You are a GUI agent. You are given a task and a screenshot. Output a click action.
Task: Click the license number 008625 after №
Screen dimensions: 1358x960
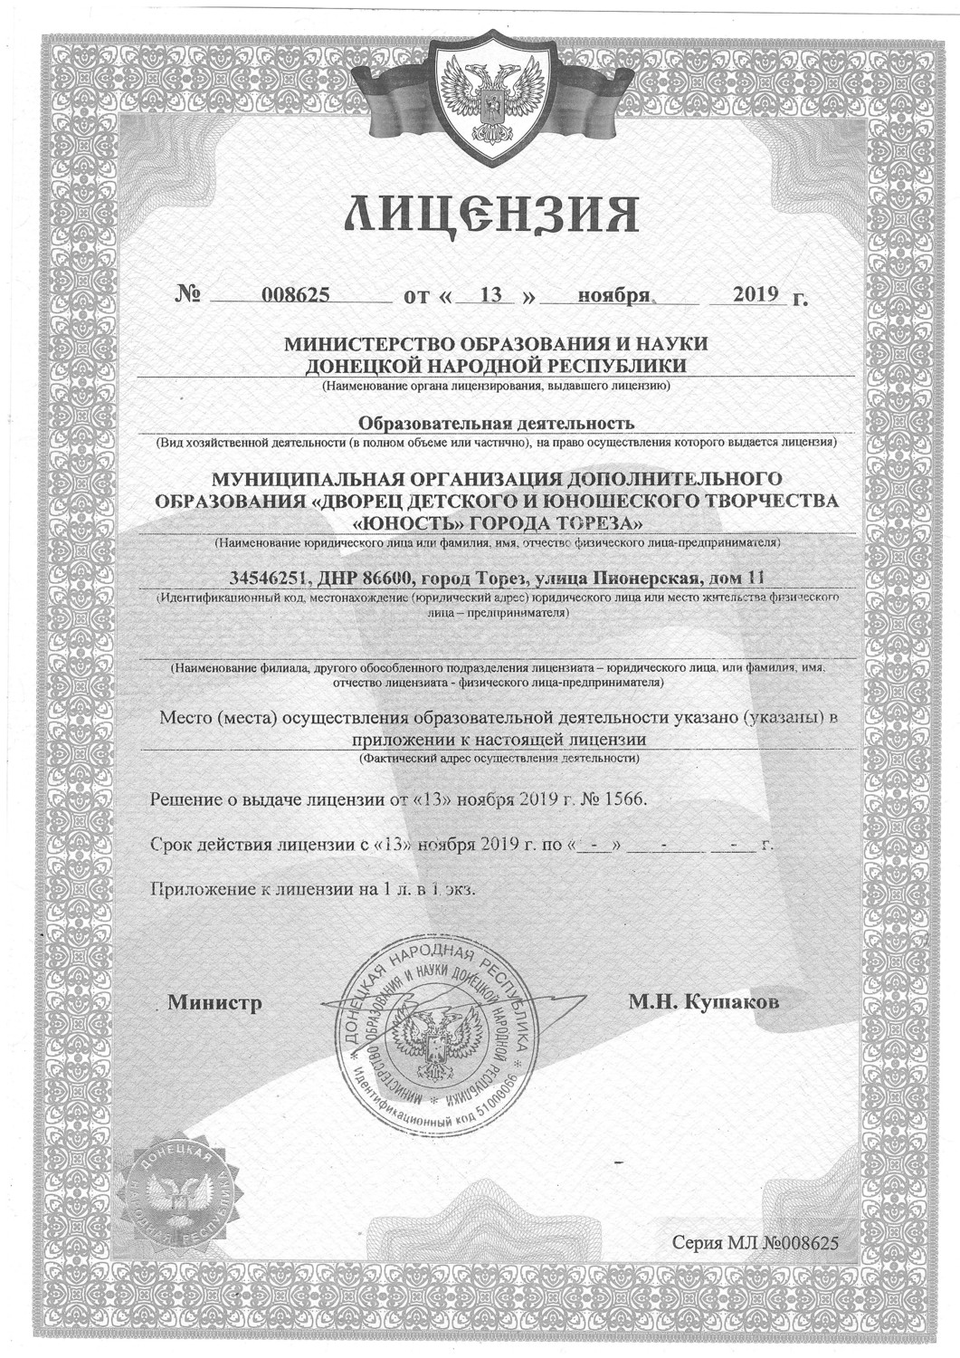coord(298,294)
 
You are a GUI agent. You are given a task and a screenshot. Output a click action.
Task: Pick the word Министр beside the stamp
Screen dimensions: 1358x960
coord(214,1003)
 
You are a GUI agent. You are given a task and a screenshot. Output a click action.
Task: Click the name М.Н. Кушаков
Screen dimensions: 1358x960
coord(702,1003)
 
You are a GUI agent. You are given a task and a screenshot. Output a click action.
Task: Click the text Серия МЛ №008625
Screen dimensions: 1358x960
coord(756,1242)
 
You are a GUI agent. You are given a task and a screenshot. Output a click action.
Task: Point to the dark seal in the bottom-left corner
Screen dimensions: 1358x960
coord(182,1193)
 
